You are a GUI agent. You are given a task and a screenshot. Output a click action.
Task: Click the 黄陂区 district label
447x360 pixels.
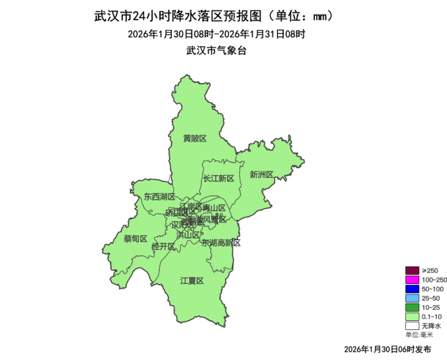click(195, 138)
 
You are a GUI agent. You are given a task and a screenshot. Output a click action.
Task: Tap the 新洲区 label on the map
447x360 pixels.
click(261, 174)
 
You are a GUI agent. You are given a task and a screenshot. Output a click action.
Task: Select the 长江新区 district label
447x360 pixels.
click(219, 179)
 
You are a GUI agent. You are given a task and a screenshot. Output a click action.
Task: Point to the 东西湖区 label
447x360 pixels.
click(160, 197)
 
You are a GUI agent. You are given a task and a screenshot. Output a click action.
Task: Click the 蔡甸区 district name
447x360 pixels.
click(135, 239)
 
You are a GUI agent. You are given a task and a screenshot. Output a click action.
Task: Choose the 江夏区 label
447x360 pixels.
click(191, 280)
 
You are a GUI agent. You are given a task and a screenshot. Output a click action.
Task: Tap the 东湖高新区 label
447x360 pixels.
click(221, 243)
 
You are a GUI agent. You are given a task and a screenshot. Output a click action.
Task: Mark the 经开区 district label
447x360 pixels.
click(163, 246)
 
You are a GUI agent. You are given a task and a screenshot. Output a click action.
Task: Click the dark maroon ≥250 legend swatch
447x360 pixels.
click(412, 271)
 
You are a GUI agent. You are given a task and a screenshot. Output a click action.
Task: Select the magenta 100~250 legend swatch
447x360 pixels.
click(412, 280)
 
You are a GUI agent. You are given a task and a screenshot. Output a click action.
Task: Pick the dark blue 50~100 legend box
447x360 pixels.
click(412, 289)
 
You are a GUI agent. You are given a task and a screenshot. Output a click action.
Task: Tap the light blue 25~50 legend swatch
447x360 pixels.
click(412, 298)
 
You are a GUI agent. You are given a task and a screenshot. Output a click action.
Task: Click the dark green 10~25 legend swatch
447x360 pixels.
click(412, 307)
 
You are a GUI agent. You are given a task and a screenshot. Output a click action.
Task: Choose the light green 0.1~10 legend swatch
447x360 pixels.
click(412, 316)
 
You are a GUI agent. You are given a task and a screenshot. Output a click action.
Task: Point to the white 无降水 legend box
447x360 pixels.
click(412, 325)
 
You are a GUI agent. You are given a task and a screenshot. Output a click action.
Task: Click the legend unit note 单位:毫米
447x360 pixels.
click(419, 335)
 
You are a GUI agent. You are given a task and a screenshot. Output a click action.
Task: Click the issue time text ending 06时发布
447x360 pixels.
click(388, 348)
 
